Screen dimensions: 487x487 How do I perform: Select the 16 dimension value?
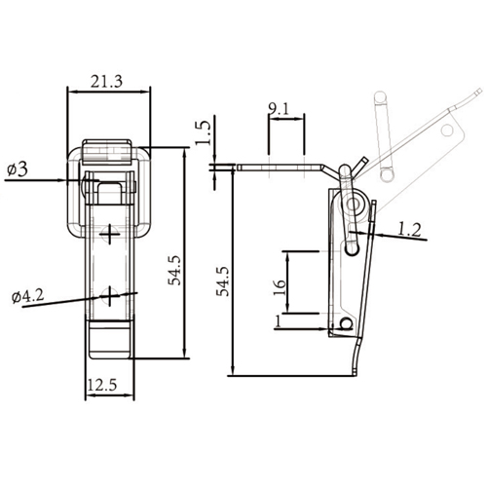coord(280,284)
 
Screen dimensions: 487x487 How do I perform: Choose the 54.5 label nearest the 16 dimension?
coord(223,280)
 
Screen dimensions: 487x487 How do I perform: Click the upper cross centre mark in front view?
coord(112,234)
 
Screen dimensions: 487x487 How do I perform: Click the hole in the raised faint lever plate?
coord(449,128)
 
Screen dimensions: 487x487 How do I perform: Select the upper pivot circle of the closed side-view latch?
coord(354,206)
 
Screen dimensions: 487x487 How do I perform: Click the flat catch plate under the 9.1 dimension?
coord(282,167)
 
